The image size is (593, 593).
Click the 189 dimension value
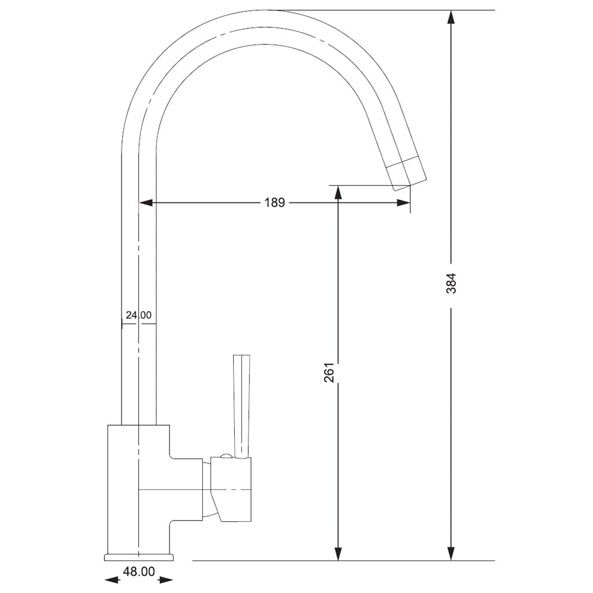click(x=275, y=203)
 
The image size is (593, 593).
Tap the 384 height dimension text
click(x=451, y=283)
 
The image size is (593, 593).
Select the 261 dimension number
click(x=330, y=372)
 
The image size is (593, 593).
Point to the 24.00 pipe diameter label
click(x=138, y=315)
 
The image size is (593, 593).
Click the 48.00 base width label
click(x=138, y=572)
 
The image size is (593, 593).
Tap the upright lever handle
click(x=241, y=403)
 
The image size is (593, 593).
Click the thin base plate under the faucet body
click(x=139, y=557)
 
